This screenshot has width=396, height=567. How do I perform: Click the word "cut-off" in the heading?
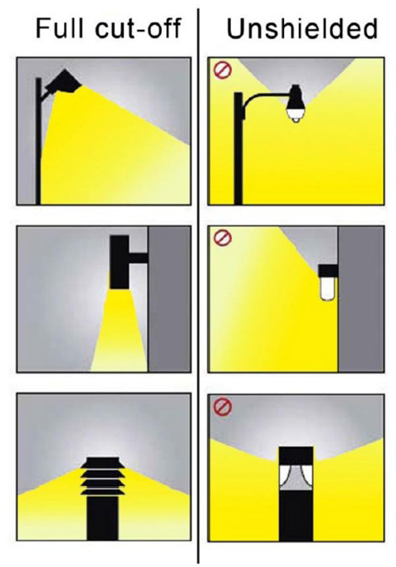click(138, 28)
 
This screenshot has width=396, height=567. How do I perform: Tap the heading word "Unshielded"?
click(302, 28)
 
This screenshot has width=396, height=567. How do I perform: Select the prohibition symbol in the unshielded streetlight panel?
click(222, 70)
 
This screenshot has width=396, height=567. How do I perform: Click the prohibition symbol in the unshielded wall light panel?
click(222, 238)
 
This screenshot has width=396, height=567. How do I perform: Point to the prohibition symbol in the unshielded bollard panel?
click(222, 407)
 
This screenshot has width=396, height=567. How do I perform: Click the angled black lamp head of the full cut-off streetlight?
click(64, 81)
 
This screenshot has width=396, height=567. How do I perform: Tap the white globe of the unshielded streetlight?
click(296, 115)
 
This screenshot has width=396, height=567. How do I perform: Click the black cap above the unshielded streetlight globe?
click(296, 97)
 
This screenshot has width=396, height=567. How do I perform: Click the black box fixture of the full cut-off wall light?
click(119, 262)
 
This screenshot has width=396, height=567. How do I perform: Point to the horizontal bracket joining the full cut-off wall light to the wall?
click(139, 258)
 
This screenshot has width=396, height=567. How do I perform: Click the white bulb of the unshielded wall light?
click(328, 288)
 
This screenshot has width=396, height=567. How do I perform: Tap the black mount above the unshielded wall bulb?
click(328, 270)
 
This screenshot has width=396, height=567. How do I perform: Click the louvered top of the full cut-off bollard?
click(102, 476)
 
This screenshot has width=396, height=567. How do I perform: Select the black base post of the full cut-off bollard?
click(102, 518)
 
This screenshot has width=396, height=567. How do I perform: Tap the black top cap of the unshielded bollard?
click(296, 456)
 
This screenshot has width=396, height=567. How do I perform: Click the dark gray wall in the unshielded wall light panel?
click(360, 299)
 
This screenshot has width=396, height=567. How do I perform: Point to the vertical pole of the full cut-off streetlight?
click(38, 141)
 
